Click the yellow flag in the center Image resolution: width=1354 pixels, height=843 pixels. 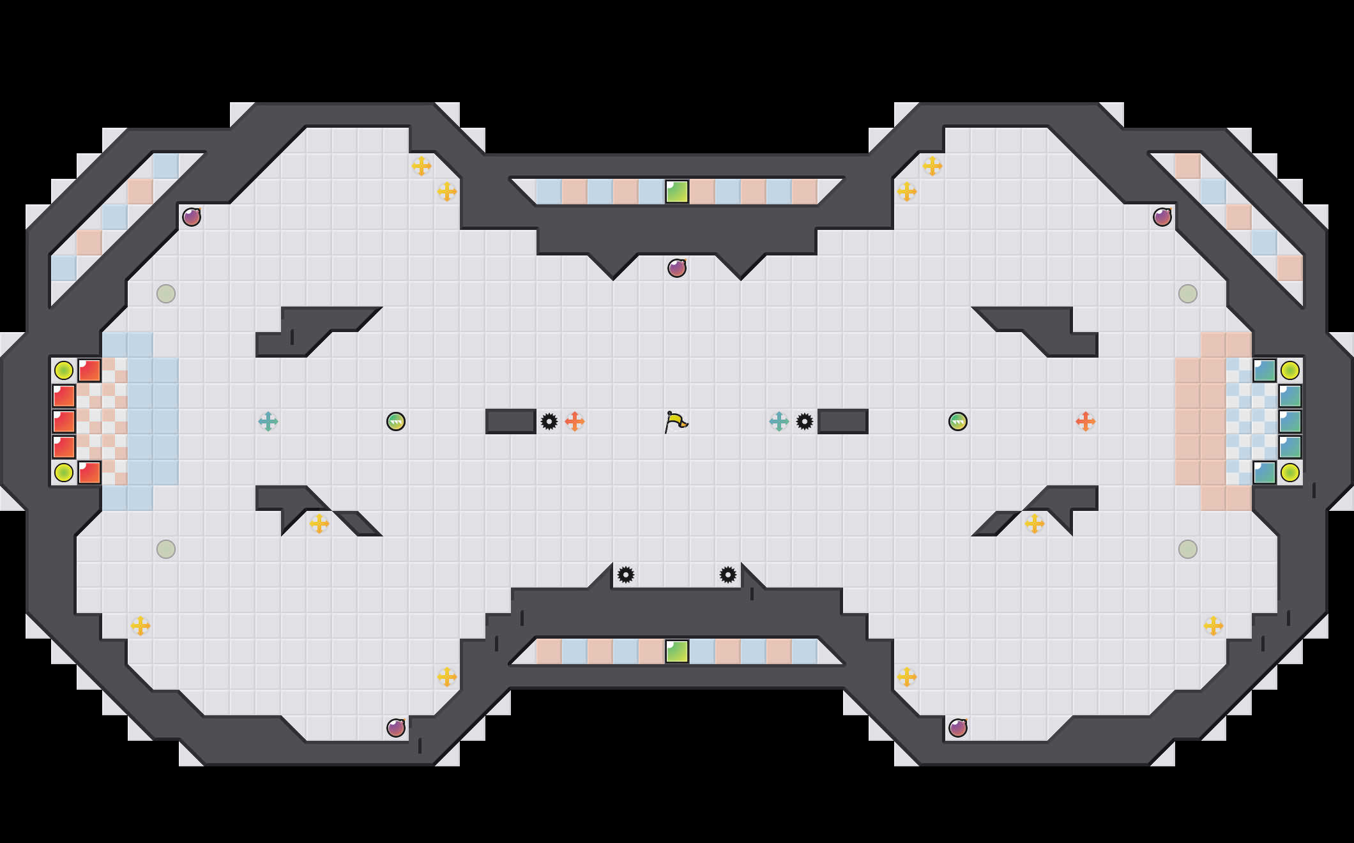[676, 421]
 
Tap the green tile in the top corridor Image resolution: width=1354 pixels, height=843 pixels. [677, 192]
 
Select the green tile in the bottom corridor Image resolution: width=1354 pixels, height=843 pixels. [677, 651]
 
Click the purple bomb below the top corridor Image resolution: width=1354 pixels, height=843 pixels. [677, 268]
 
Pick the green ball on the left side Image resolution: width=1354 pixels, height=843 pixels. [396, 421]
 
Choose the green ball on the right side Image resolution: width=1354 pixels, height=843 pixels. [958, 421]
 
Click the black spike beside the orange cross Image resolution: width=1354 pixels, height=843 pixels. [549, 421]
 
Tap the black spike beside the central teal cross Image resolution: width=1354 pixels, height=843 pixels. [805, 421]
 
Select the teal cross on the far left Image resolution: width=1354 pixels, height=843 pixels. [268, 421]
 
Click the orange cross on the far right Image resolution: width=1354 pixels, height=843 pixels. [1086, 421]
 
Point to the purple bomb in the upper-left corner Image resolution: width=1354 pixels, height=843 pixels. [192, 217]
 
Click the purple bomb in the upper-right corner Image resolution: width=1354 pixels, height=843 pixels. [1162, 217]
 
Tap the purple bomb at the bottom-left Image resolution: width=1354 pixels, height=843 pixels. [396, 728]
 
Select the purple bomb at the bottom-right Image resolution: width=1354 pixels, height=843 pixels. [958, 728]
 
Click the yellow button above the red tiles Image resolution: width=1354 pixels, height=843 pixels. [64, 370]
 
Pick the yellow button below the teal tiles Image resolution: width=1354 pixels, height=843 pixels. [1290, 473]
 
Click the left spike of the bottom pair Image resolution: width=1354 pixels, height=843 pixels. [626, 575]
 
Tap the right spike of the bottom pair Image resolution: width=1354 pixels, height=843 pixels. [728, 575]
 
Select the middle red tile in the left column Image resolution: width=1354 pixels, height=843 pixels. [64, 421]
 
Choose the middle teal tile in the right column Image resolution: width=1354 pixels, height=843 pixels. [1290, 421]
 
